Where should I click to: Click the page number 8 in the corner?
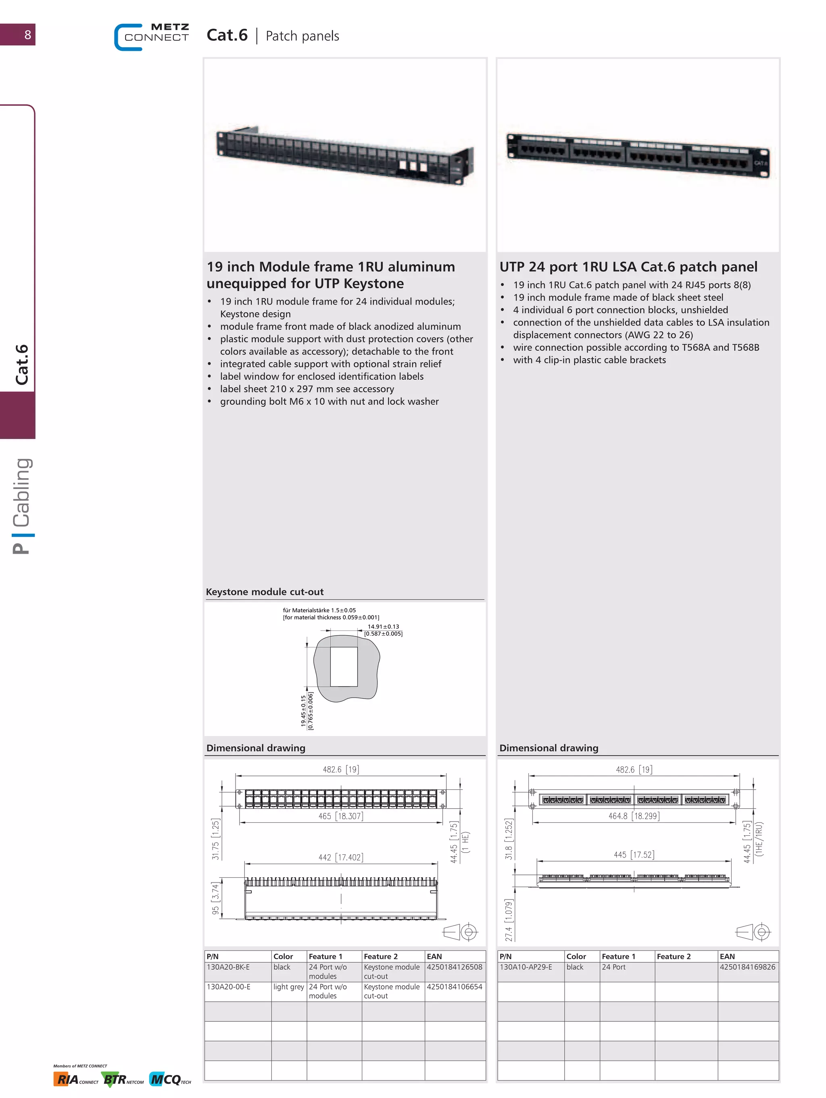pos(28,35)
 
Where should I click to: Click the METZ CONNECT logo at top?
pos(152,36)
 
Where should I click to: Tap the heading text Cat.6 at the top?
pos(227,35)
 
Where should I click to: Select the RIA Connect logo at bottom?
pos(75,1079)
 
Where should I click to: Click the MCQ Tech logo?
pos(170,1079)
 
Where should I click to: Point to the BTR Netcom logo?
pos(123,1079)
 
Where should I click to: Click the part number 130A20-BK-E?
pos(228,967)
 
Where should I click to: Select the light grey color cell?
pos(288,987)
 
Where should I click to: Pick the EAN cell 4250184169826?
pos(747,967)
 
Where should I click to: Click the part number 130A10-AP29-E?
pos(526,967)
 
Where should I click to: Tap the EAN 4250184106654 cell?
pos(454,987)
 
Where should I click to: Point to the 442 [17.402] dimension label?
pos(340,857)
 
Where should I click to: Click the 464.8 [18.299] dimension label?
pos(634,816)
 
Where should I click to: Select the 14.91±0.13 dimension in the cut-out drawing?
pos(383,626)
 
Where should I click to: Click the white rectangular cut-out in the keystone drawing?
pos(344,666)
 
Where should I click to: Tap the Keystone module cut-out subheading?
pos(265,592)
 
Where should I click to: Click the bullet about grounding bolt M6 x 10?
pos(329,401)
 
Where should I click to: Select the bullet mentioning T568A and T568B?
pos(636,347)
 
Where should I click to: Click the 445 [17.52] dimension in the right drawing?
pos(634,854)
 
